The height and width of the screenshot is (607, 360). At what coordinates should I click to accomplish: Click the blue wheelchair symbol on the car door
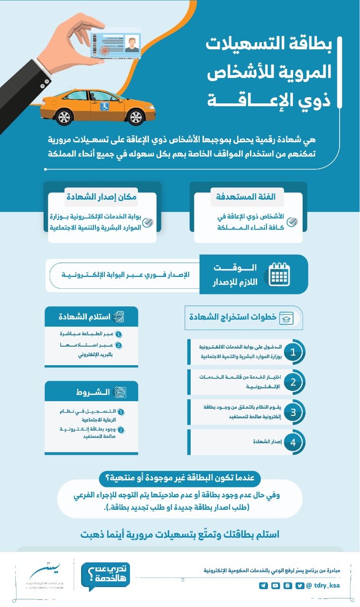tap(104, 107)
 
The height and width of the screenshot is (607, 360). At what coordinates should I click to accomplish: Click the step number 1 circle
tap(293, 352)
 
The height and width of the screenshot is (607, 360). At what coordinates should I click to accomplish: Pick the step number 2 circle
tap(293, 382)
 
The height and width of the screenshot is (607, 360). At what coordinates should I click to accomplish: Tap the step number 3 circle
tap(293, 412)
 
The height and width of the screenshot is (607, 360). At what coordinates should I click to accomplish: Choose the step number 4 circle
tap(293, 442)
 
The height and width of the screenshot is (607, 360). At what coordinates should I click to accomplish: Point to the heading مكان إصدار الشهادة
tap(101, 197)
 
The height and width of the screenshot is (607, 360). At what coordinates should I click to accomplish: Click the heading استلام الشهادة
tap(85, 317)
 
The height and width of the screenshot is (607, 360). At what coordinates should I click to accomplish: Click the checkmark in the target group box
tap(293, 222)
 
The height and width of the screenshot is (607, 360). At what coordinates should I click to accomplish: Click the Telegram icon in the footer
tap(263, 586)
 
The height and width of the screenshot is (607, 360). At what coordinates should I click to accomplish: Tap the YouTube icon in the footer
tap(275, 586)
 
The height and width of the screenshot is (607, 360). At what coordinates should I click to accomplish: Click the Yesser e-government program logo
tap(45, 575)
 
